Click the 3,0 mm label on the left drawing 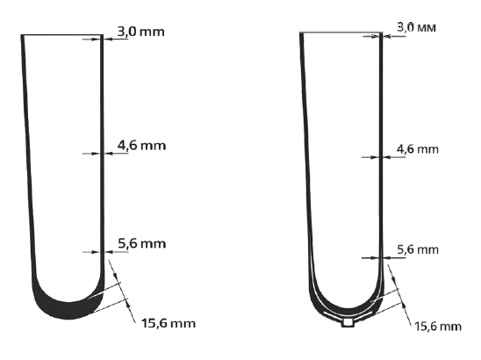(x=140, y=32)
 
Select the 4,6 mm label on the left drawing (x=141, y=145)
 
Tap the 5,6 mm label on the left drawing (x=142, y=244)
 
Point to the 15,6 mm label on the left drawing (x=169, y=323)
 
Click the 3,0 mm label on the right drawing (x=416, y=27)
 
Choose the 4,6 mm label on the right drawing (x=418, y=149)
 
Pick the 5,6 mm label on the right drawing (x=418, y=249)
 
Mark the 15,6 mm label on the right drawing (x=438, y=327)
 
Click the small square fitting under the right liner (x=348, y=322)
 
